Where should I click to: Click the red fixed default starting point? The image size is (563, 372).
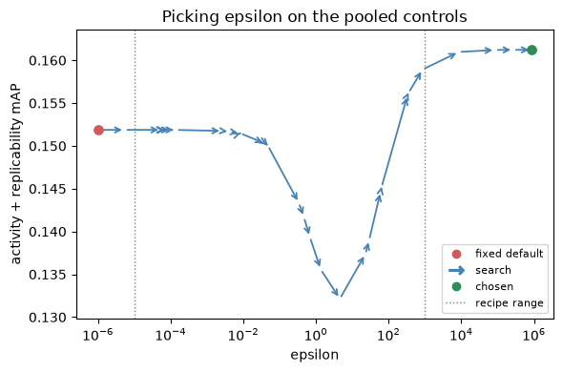[x=98, y=130]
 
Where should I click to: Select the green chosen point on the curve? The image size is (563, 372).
[x=532, y=50]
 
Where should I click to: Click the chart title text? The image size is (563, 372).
[x=315, y=16]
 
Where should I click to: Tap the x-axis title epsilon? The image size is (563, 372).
[x=315, y=355]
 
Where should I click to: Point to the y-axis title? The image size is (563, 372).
[x=16, y=175]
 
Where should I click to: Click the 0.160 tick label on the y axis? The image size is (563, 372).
[x=48, y=61]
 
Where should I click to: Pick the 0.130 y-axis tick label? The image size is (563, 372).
[x=48, y=318]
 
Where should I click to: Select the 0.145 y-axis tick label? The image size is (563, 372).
[x=48, y=189]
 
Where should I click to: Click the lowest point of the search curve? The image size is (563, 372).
[x=340, y=297]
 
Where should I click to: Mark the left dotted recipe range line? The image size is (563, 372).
[x=135, y=175]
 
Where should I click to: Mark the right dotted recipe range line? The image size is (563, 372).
[x=426, y=175]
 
